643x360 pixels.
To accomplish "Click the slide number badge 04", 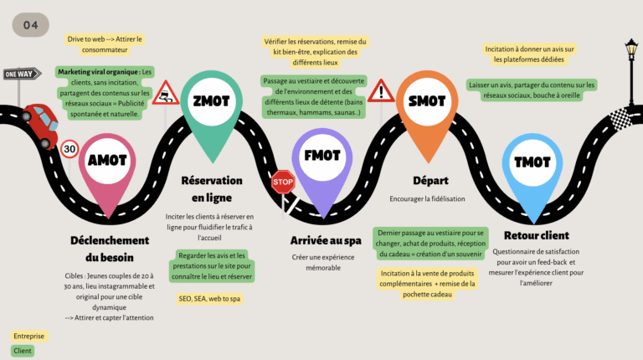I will [x=30, y=25].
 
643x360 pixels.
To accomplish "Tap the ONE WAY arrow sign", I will [x=22, y=74].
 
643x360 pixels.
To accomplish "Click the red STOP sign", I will [x=283, y=181].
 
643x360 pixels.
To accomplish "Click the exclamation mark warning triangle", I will [x=381, y=91].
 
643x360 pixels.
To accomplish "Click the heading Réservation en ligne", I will [x=212, y=188].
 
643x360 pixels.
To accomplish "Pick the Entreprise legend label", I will [x=29, y=336].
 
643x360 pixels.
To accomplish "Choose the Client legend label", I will [x=23, y=351].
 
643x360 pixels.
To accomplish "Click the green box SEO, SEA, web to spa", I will [x=209, y=298].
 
